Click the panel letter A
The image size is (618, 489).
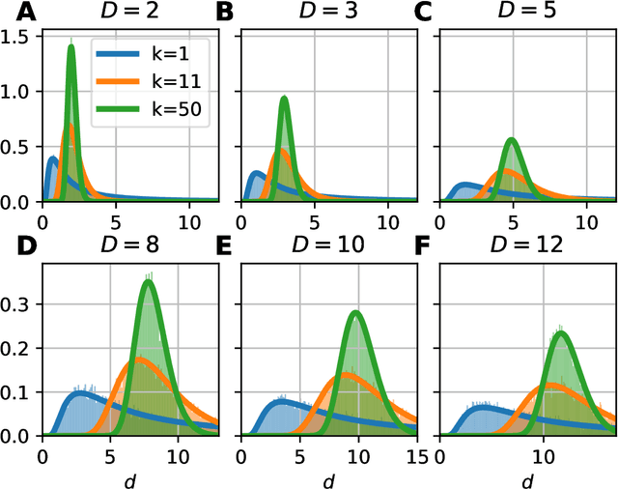tap(14, 14)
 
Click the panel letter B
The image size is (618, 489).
tap(225, 14)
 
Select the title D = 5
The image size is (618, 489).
tap(527, 14)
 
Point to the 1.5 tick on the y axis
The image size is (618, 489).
tap(19, 36)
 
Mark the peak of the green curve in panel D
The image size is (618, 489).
tap(148, 281)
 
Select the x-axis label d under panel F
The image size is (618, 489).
tap(527, 478)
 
